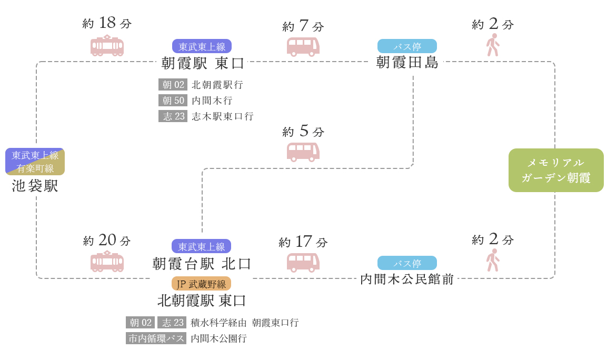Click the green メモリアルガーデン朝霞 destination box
pos(556,170)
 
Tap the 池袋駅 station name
pos(35,186)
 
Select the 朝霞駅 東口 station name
pos(203,63)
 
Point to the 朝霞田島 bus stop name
pos(407,62)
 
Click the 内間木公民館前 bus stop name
pos(407,279)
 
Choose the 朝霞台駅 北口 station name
pos(202,263)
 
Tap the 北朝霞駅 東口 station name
pos(202,301)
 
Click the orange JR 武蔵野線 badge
pos(201,284)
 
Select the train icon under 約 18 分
pos(107,46)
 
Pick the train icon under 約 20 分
pos(107,262)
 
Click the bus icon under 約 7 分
pos(303,46)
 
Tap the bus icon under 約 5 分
pos(303,152)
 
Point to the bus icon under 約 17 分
pos(303,262)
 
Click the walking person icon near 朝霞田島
pos(493,45)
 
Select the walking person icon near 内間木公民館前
pos(493,260)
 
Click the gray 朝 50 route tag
pos(173,101)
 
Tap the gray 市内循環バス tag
pos(156,338)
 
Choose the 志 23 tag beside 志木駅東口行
pos(173,116)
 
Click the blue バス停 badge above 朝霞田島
pos(407,46)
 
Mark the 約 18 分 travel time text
pos(107,23)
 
